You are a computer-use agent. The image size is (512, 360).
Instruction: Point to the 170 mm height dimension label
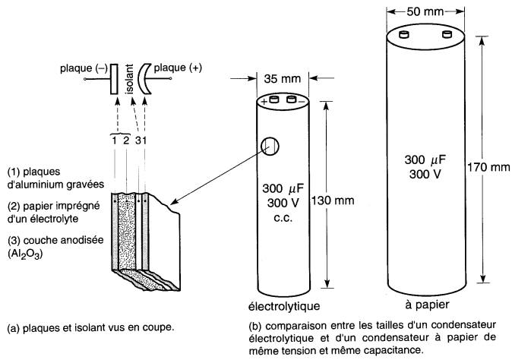point(489,166)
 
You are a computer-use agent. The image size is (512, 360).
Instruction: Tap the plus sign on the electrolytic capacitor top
point(264,101)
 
